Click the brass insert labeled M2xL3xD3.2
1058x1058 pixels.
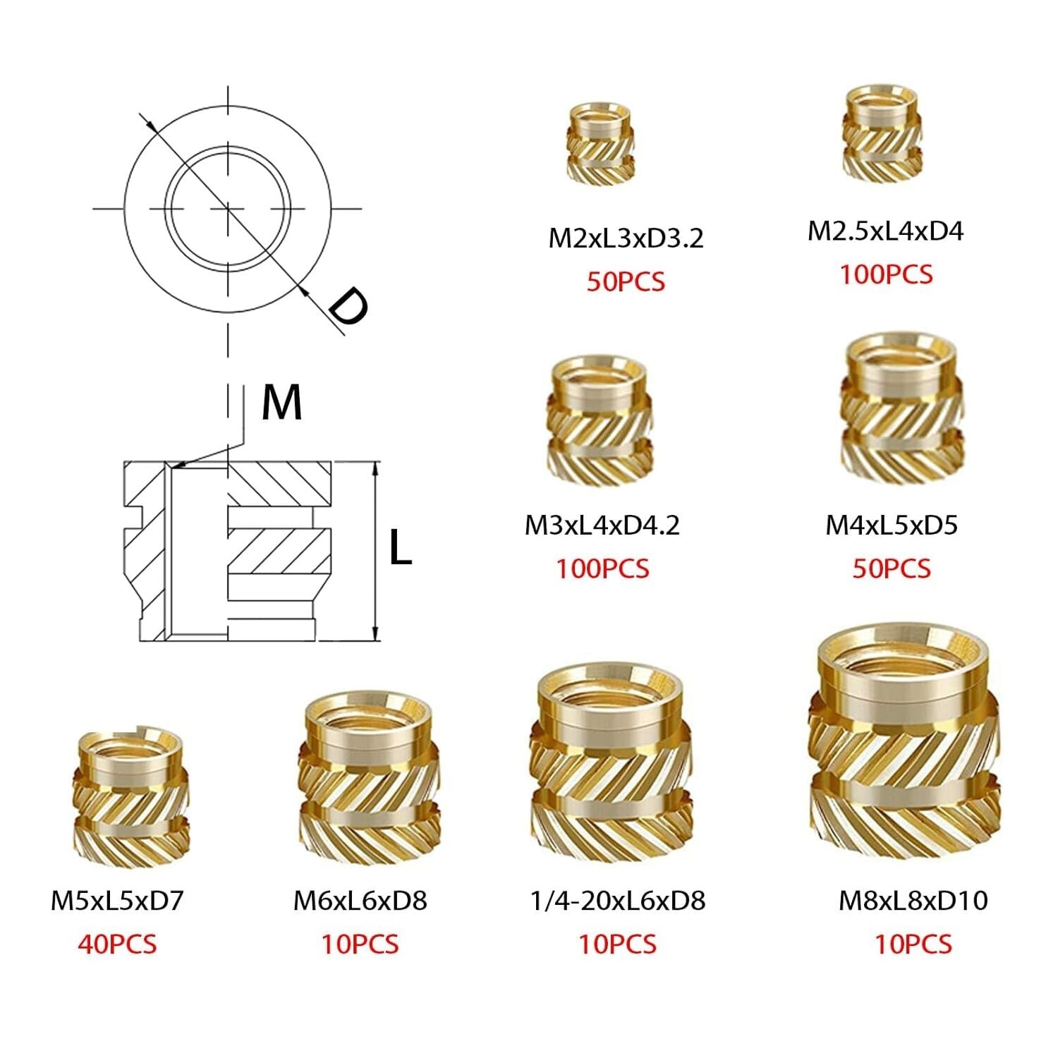[x=601, y=144]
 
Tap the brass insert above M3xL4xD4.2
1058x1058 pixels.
[x=600, y=421]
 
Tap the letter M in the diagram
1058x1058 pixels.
[x=281, y=403]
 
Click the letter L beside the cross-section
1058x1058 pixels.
[x=400, y=548]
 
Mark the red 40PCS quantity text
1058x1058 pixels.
[x=117, y=944]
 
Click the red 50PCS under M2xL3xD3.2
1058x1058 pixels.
[x=626, y=281]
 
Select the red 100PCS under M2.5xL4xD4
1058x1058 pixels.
[x=885, y=274]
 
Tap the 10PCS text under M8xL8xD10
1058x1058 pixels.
[x=913, y=944]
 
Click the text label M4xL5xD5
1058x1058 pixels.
[x=892, y=525]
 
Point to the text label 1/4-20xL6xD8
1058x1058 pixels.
[x=617, y=901]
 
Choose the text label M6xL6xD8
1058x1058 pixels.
[x=360, y=901]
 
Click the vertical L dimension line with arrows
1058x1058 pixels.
[x=375, y=550]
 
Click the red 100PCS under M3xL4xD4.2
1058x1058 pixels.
[x=602, y=568]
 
